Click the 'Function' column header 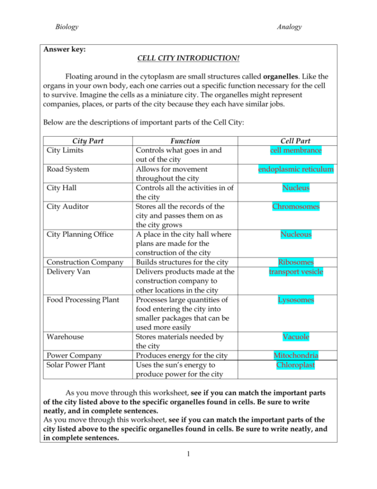pos(185,141)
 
